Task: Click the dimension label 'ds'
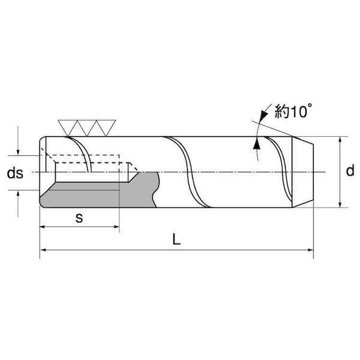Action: [x=15, y=173]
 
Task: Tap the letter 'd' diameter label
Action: [x=350, y=170]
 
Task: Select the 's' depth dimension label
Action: [x=79, y=218]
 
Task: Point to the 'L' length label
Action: [x=176, y=239]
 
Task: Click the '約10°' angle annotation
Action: [x=293, y=112]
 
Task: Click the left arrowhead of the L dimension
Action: [x=43, y=250]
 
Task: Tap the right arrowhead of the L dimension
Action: [x=310, y=250]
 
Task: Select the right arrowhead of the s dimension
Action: [x=116, y=227]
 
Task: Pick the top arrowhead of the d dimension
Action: [x=340, y=140]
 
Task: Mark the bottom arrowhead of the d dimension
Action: [x=340, y=205]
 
